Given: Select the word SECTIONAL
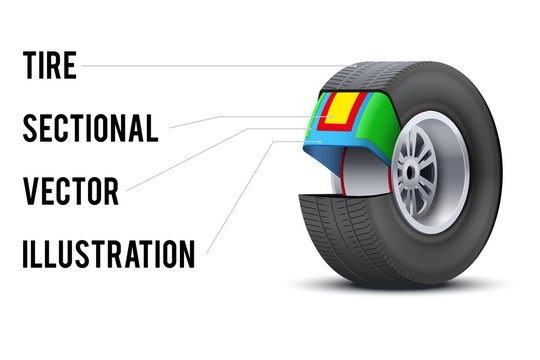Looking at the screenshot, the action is [x=90, y=127].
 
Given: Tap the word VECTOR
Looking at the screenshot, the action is [x=71, y=189].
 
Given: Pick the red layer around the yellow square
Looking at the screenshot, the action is [x=326, y=123].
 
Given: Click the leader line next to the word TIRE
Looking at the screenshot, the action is [x=200, y=66].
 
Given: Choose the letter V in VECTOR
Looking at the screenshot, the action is [x=30, y=189].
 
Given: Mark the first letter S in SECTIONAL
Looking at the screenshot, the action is [x=30, y=127].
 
